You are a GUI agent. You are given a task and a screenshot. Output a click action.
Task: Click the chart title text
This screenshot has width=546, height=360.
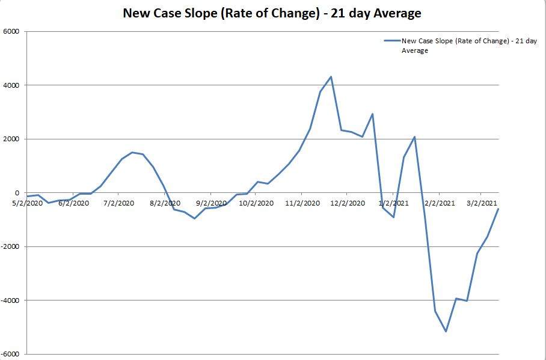click(272, 13)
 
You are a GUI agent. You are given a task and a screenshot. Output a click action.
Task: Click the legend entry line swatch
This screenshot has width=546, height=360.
click(392, 41)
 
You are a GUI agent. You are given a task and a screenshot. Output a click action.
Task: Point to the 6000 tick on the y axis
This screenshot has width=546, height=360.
click(11, 32)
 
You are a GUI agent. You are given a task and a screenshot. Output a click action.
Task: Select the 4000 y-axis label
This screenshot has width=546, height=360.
click(11, 85)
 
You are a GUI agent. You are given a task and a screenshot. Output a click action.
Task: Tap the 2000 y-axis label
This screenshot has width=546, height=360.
click(11, 139)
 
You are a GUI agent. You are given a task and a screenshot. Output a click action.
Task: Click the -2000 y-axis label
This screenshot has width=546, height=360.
click(10, 247)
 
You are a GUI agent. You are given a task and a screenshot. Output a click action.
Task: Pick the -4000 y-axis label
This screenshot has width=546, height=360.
click(10, 301)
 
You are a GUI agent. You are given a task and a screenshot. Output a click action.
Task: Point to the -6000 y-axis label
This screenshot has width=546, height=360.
click(10, 354)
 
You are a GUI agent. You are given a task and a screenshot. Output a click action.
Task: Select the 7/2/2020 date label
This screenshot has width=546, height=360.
click(118, 203)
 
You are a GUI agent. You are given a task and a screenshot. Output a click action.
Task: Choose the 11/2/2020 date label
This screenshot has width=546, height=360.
click(302, 203)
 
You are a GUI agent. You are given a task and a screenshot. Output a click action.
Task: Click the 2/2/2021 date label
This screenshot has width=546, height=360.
click(439, 203)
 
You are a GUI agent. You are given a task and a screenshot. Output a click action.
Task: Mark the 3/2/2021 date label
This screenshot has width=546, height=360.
click(482, 203)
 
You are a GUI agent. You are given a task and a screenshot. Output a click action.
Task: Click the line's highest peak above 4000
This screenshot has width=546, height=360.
click(331, 76)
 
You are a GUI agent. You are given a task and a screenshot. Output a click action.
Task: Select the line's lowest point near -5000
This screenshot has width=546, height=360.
click(446, 331)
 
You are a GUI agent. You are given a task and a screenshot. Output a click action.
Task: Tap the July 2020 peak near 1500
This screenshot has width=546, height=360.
click(132, 152)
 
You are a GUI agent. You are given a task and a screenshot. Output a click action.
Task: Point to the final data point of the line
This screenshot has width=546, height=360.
click(498, 209)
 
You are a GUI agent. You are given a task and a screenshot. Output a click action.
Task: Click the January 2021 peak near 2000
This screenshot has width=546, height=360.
click(414, 137)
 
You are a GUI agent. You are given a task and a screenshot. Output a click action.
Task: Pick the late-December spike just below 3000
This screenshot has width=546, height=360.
click(373, 114)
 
